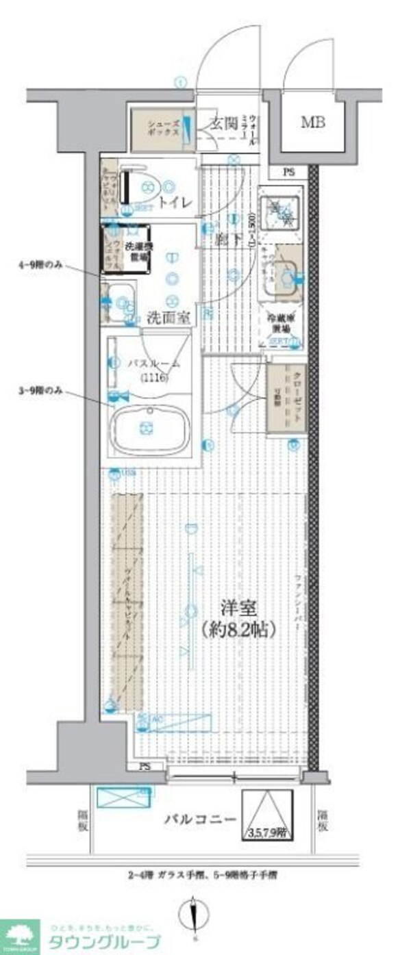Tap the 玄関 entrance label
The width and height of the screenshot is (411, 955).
223,124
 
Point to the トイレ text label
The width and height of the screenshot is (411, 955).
174,203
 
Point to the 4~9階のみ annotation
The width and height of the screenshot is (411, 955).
43,266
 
